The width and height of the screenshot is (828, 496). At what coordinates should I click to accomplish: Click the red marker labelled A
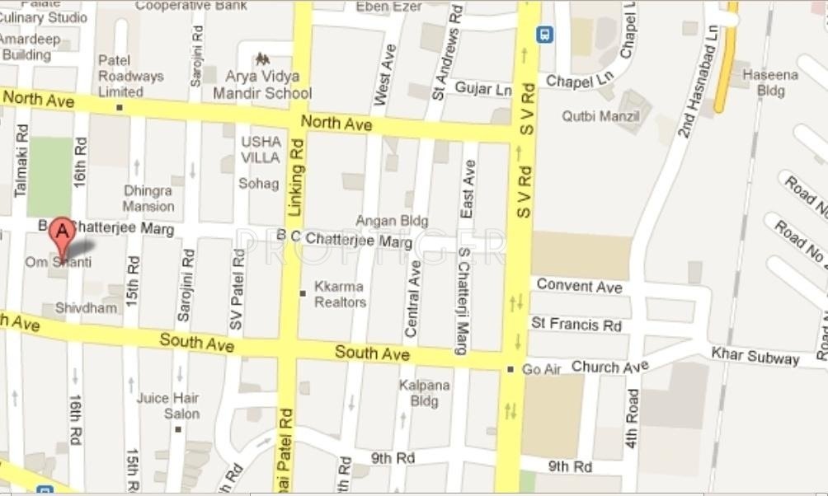61,234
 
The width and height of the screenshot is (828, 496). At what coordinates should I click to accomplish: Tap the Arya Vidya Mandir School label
262,84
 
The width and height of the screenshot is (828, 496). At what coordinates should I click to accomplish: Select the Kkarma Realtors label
340,295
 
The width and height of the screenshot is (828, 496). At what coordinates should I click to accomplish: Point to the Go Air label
541,369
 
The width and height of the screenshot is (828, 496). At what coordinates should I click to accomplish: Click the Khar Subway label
755,357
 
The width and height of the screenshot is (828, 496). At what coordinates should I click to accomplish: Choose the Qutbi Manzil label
601,116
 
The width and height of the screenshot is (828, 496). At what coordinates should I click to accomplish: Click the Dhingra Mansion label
148,199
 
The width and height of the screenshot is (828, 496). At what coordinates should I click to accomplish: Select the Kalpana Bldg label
424,393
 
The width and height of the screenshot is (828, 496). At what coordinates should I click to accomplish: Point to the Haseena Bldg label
770,82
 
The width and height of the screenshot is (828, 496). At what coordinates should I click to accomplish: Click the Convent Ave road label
579,286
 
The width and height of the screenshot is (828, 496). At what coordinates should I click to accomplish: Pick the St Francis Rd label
576,325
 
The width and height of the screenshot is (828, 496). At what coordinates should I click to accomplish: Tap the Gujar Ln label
483,88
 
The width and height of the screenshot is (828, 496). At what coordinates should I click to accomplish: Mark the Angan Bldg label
392,221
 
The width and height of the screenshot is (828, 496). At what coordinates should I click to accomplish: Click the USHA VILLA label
261,149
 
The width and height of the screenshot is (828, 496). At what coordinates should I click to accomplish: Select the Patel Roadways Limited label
132,76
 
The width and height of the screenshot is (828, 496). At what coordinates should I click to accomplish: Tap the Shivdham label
86,307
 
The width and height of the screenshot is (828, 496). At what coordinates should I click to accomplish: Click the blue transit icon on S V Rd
544,35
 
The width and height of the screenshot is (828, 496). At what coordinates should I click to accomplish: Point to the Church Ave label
610,366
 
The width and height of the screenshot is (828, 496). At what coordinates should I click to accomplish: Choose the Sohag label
259,183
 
